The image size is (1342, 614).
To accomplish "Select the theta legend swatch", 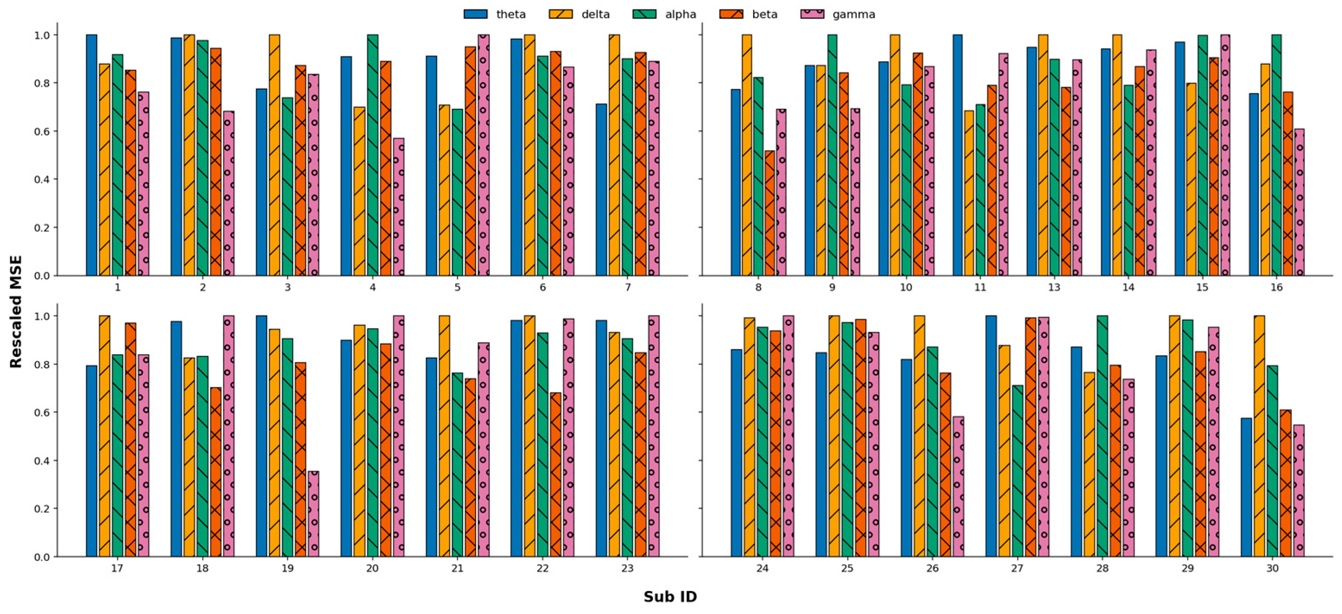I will [475, 14].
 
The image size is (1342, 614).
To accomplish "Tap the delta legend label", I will [595, 14].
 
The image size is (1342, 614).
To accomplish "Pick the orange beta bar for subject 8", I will [769, 213].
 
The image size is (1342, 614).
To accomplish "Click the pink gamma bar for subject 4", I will [399, 207].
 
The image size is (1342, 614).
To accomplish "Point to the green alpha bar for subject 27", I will [1018, 471].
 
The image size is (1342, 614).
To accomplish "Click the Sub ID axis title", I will [670, 596].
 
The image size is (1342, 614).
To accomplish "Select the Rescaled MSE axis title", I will [16, 312].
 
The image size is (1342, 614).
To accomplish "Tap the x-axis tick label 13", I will [1054, 287].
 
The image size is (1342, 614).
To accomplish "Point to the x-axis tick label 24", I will [762, 568].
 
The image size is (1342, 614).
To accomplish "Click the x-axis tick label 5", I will [457, 287].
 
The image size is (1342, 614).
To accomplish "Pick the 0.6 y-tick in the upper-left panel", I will [41, 131].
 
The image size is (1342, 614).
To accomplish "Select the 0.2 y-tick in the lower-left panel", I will [41, 509].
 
